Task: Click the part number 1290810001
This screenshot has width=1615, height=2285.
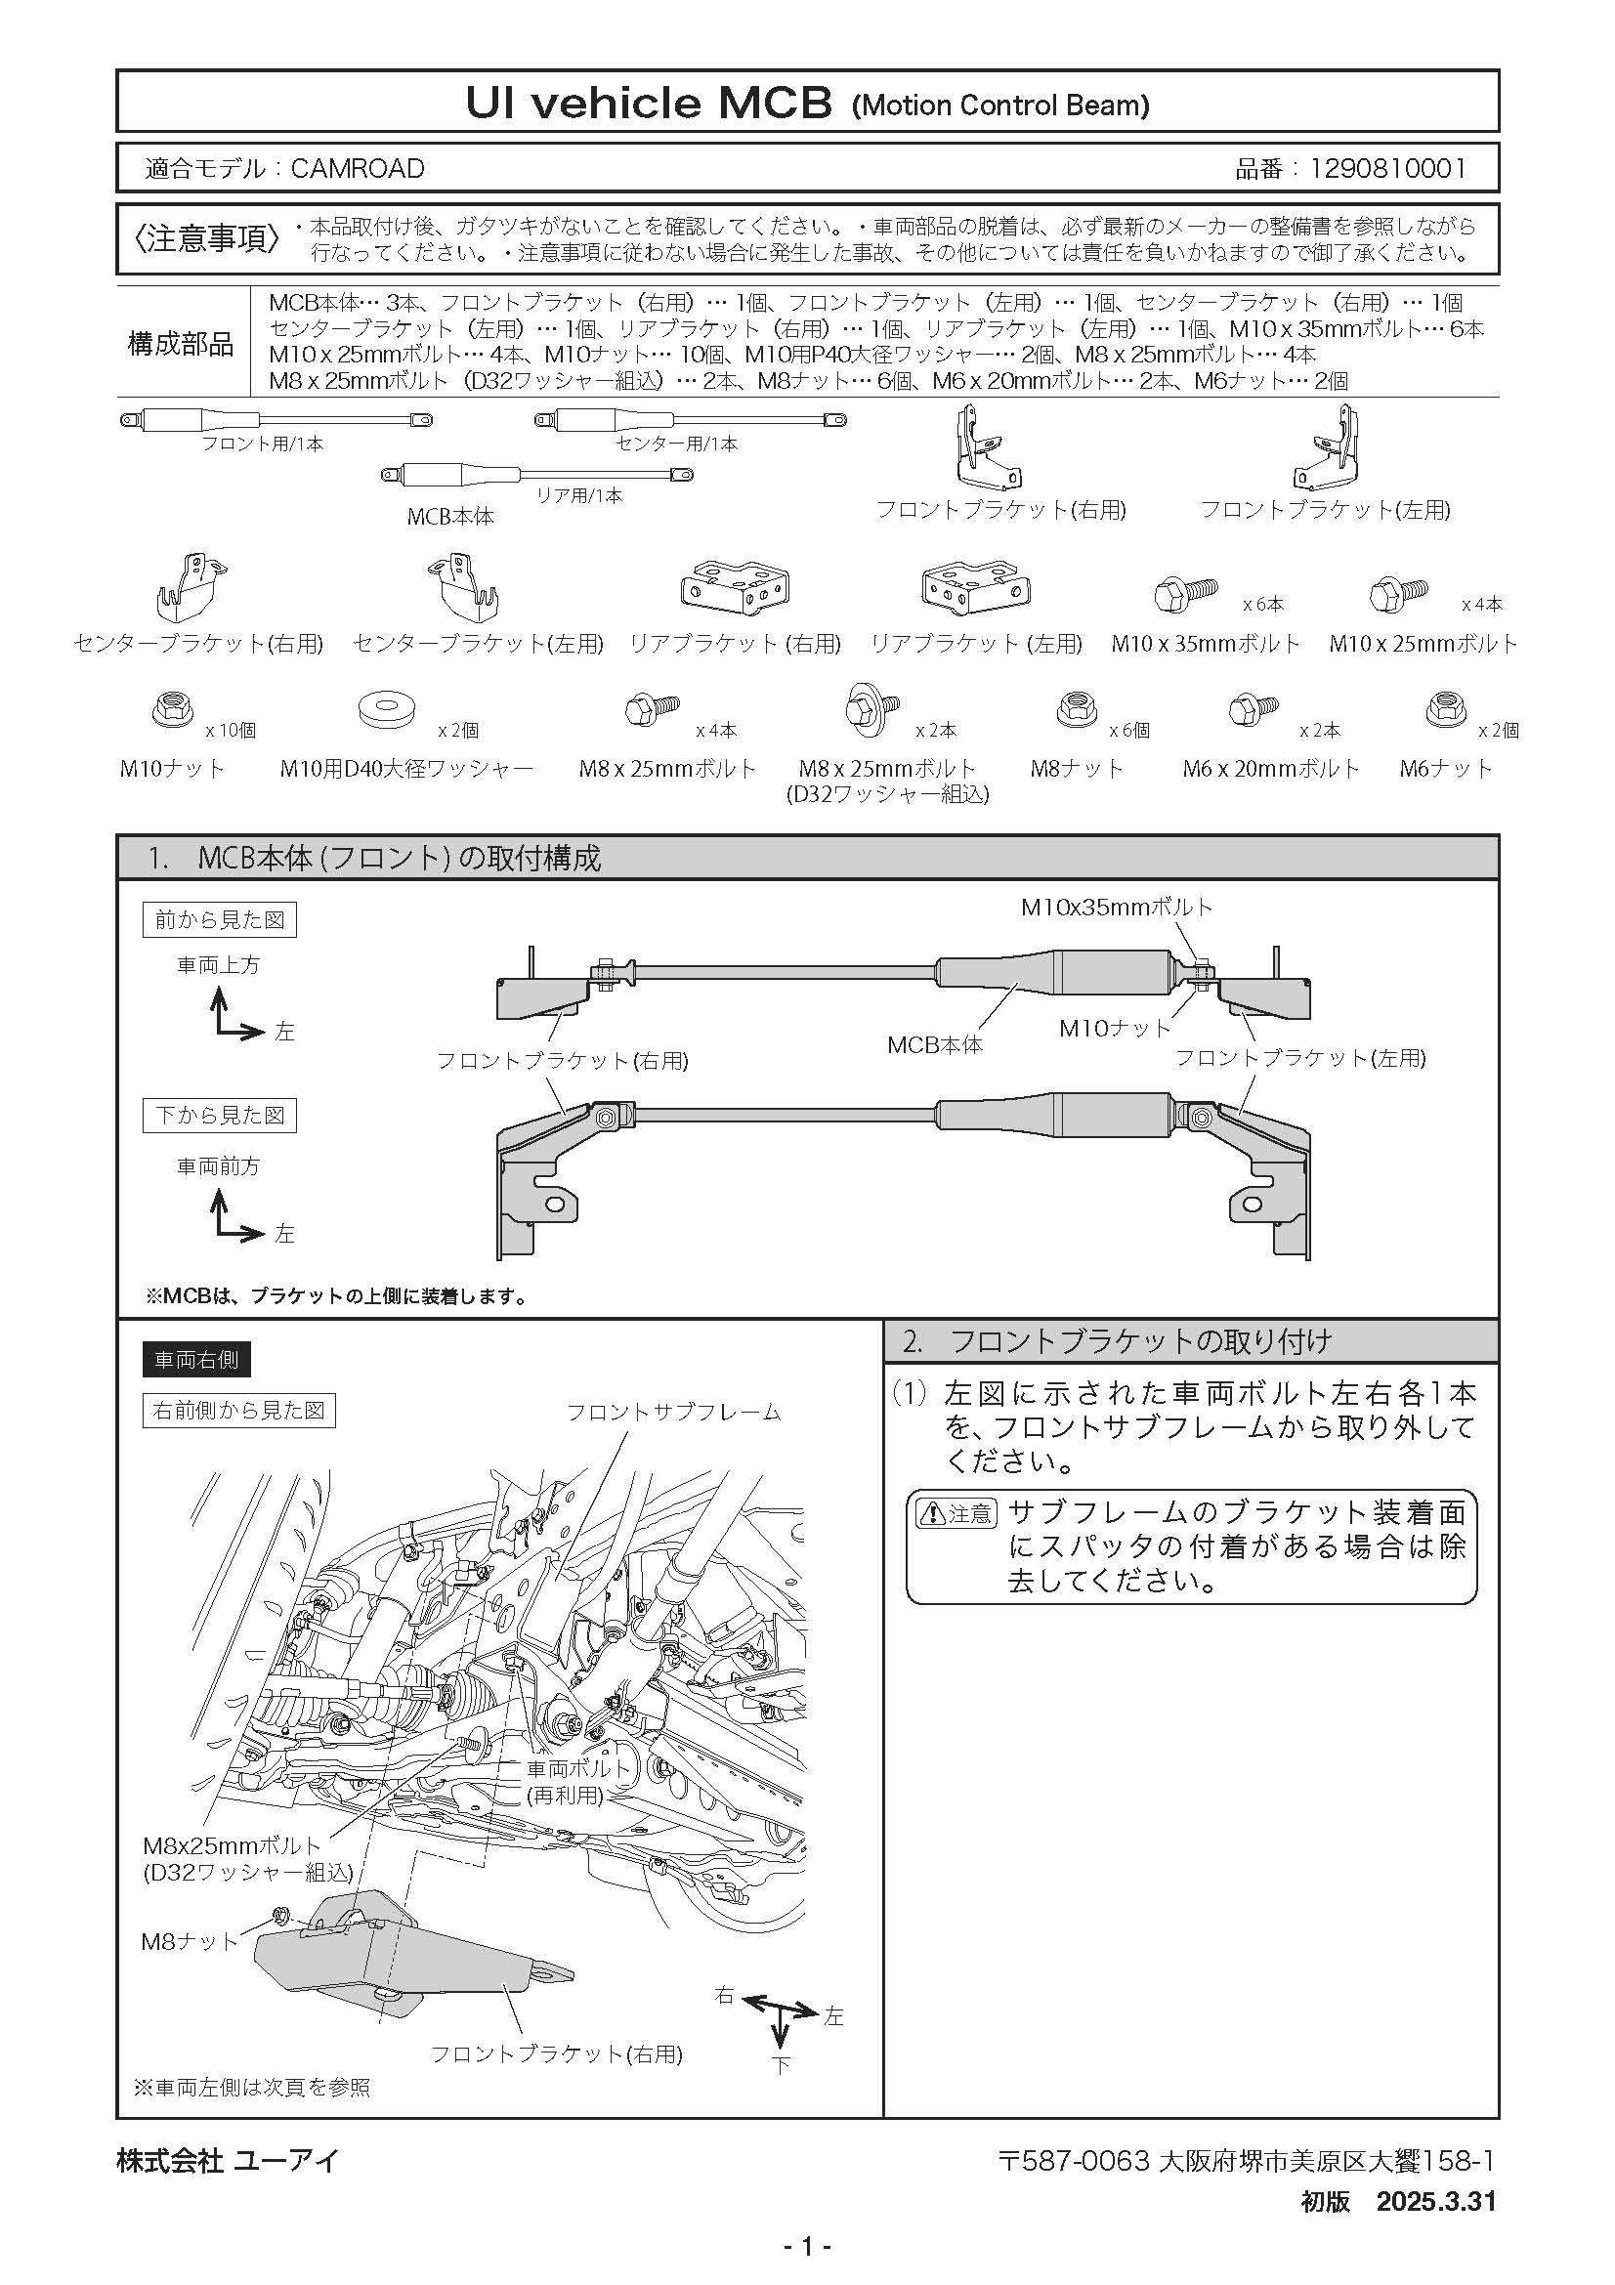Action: tap(1387, 168)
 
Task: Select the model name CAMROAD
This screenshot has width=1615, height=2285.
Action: tap(358, 168)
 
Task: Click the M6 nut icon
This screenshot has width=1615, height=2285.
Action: tap(1447, 709)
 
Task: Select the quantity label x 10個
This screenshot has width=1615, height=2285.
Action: tap(230, 731)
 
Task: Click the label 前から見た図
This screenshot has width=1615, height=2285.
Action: tap(220, 919)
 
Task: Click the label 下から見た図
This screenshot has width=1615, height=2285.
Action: tap(220, 1115)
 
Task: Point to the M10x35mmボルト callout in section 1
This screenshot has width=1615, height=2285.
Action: tap(1117, 907)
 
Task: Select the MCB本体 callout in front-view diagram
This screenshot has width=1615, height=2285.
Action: tap(934, 1044)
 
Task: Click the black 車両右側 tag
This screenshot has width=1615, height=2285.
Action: tap(197, 1360)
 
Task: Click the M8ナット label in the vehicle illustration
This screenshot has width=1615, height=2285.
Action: tap(191, 1941)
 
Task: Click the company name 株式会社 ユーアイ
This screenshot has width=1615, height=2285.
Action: tap(227, 2160)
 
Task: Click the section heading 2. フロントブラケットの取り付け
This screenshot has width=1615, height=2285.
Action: tap(1116, 1340)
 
